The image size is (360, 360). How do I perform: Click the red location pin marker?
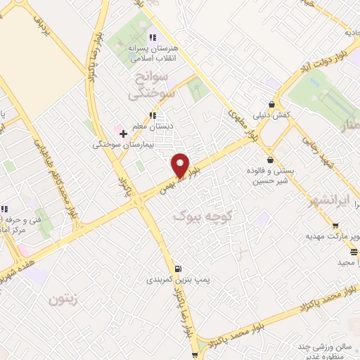pos(181,165)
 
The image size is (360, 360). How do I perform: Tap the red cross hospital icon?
pos(123,131)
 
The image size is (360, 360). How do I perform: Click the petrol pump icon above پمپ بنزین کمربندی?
pos(178,267)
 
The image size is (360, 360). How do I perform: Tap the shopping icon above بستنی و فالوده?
pos(271,159)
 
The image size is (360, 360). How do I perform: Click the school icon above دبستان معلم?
pos(152,115)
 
